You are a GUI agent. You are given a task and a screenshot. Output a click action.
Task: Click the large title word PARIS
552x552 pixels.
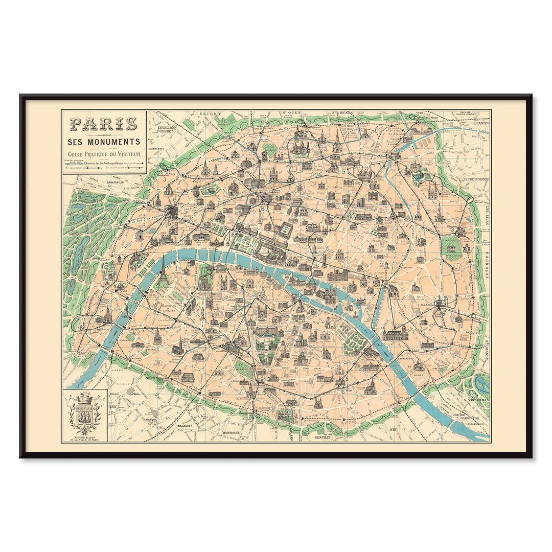click(x=104, y=124)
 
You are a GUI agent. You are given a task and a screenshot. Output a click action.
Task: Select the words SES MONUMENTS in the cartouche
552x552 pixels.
click(x=104, y=141)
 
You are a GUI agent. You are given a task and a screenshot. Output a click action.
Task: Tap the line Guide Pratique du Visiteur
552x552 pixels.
click(x=104, y=153)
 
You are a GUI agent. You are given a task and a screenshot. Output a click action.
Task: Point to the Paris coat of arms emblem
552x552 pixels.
click(x=84, y=413)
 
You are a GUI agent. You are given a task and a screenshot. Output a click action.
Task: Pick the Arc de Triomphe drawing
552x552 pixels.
click(x=170, y=211)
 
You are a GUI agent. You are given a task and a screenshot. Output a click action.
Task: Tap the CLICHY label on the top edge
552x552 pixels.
click(x=210, y=113)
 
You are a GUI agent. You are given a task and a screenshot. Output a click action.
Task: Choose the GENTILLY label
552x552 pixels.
click(x=323, y=438)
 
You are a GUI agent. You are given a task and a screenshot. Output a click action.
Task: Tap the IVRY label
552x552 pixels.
click(x=393, y=430)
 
